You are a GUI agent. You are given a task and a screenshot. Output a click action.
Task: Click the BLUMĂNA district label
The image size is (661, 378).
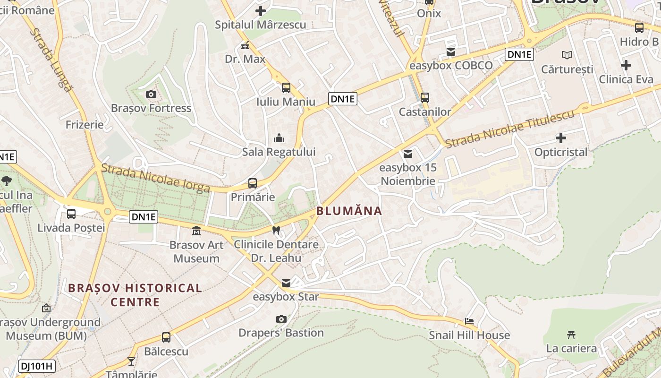point(349,211)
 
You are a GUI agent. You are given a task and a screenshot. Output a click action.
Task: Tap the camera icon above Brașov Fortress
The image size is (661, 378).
point(151,94)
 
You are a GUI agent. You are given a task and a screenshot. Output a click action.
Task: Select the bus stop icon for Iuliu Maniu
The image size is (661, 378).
point(286,87)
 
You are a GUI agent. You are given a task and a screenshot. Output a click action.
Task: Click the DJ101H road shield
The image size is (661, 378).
point(37,365)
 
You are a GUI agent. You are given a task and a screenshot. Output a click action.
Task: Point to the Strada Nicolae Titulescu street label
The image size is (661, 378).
point(510,128)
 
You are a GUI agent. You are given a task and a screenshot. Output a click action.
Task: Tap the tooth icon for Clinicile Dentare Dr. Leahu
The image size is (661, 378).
point(277,230)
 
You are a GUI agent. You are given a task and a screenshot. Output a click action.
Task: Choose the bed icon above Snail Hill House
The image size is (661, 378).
point(469,321)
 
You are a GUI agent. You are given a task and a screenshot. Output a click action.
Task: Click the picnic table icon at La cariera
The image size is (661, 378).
point(571,335)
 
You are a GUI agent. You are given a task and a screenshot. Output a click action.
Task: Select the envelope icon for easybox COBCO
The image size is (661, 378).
point(451,52)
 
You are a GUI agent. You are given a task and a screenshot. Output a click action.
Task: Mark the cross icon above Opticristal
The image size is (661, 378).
point(561,138)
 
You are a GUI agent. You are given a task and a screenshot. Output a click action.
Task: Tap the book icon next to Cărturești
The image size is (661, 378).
point(567,55)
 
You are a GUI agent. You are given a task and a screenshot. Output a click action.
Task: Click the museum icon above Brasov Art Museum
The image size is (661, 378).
point(196,231)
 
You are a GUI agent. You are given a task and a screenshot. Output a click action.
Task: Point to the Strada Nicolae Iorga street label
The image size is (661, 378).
point(156,178)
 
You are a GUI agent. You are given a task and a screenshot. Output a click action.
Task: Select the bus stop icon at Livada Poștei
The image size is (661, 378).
point(71,214)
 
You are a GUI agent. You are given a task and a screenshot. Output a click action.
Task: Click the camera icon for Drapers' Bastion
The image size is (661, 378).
point(281,319)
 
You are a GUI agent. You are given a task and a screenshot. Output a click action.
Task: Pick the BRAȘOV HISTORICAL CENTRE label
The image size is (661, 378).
point(135,295)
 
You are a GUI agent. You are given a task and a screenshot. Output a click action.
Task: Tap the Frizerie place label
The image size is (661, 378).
point(85,125)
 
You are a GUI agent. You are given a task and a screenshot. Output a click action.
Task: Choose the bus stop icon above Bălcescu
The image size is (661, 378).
point(166,337)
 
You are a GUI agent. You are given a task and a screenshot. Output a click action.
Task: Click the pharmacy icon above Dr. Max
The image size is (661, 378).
point(245,45)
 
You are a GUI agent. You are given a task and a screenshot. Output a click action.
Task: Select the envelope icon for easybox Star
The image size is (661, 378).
point(286,283)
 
